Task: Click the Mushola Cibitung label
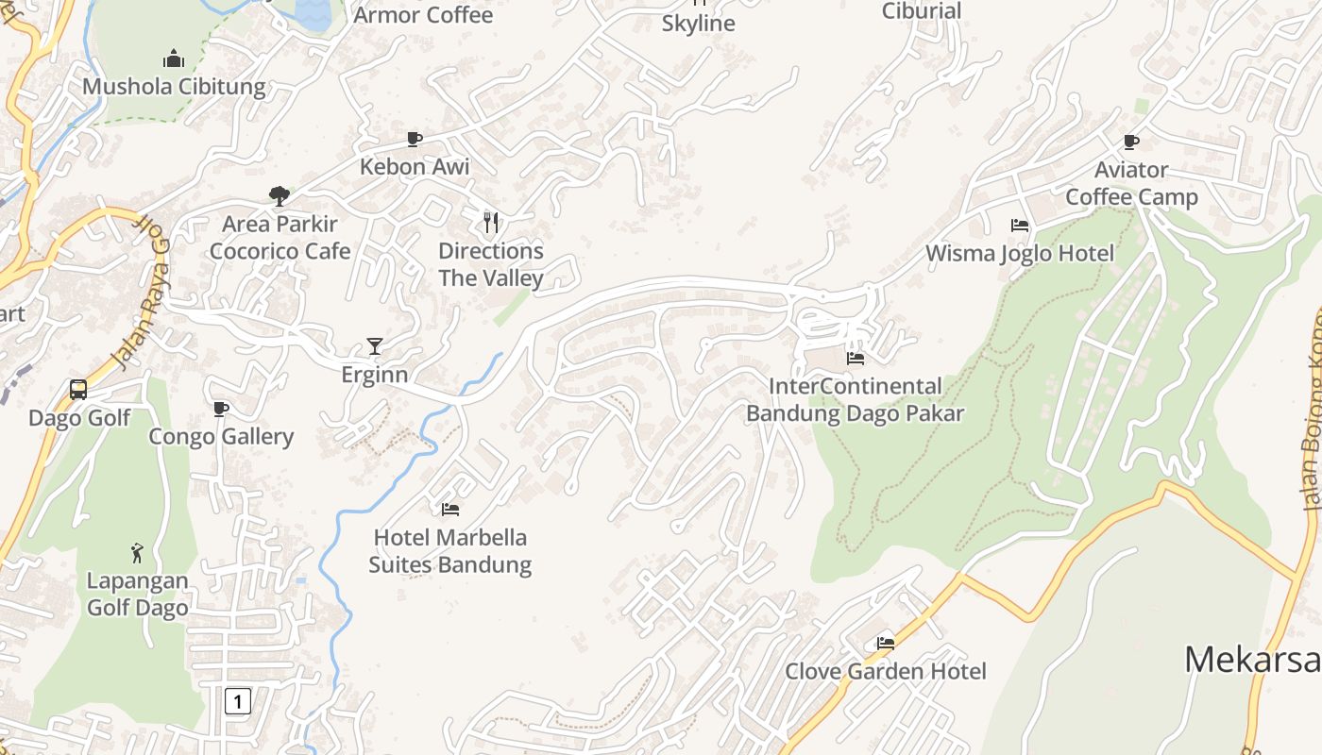[174, 87]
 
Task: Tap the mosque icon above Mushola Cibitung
[174, 59]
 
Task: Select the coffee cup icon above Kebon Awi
[414, 140]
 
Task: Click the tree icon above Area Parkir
[279, 196]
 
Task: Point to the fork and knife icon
[490, 223]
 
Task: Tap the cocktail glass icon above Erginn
[375, 346]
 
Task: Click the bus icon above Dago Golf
[78, 390]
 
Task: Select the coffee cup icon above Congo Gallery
[221, 409]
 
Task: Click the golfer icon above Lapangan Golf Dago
[138, 552]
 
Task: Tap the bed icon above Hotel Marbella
[450, 510]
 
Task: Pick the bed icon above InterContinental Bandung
[856, 358]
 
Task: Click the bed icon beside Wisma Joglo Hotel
[1020, 226]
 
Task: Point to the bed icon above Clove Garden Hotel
[886, 644]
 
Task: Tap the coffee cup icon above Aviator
[1131, 143]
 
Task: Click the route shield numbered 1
[238, 701]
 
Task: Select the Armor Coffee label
[423, 15]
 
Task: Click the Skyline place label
[698, 24]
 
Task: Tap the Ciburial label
[921, 11]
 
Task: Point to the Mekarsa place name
[1252, 659]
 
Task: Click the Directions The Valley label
[491, 264]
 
